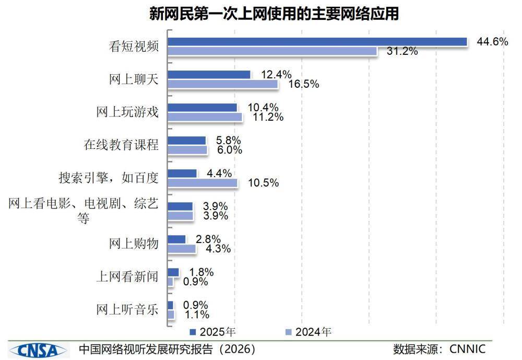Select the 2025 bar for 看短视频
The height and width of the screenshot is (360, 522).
click(317, 42)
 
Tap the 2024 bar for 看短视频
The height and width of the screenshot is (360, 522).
click(272, 51)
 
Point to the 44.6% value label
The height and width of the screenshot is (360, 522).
click(492, 42)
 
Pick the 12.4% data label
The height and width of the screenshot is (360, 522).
click(276, 74)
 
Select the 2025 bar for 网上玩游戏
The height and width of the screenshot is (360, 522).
click(202, 107)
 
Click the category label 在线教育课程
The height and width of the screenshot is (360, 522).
click(121, 145)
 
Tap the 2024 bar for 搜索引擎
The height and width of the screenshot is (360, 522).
click(202, 183)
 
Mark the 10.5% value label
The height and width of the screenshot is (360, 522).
click(263, 183)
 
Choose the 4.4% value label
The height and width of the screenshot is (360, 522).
click(219, 173)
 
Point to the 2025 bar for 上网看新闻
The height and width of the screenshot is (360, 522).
click(173, 272)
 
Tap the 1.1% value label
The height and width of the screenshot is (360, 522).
click(197, 315)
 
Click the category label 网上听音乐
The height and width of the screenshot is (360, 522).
click(127, 309)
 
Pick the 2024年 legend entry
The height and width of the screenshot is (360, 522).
click(309, 332)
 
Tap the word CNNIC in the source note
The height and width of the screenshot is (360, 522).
click(468, 349)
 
